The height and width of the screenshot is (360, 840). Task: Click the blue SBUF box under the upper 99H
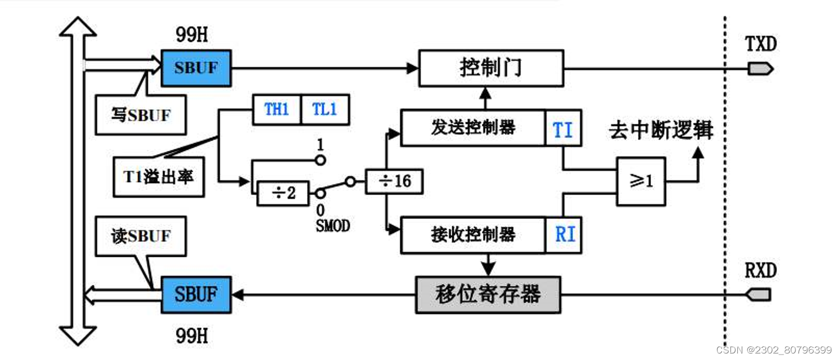(x=196, y=68)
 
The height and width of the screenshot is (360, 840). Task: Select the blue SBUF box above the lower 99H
(x=196, y=294)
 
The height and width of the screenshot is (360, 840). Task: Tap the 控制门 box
(x=491, y=68)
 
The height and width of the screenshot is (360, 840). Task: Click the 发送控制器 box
(x=472, y=128)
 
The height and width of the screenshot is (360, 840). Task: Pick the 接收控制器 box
(x=472, y=235)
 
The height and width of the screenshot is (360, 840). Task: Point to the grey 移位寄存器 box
(x=488, y=294)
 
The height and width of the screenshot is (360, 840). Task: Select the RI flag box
(x=564, y=235)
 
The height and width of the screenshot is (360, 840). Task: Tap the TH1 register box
(x=276, y=110)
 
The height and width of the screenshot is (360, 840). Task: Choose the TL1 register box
(x=325, y=110)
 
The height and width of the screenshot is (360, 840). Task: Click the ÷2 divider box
(x=282, y=193)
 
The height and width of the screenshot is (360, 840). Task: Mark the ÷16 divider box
(x=394, y=181)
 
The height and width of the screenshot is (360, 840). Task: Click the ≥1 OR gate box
(x=641, y=181)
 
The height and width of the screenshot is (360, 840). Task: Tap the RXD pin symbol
(x=759, y=294)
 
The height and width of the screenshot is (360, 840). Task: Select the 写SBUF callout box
(x=140, y=115)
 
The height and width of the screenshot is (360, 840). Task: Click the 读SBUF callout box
(x=141, y=236)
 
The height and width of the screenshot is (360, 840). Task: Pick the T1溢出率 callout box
(x=159, y=177)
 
